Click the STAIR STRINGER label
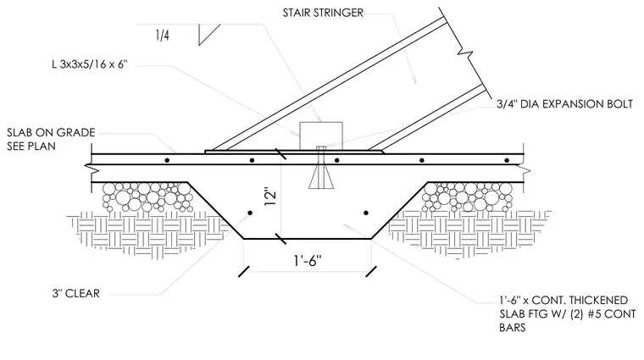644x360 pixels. (323, 13)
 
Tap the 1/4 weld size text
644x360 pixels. (162, 36)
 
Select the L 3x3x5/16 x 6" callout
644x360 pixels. (90, 64)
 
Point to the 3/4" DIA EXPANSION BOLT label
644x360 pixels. (564, 104)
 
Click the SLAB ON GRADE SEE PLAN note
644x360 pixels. (51, 139)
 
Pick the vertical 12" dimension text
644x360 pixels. (270, 197)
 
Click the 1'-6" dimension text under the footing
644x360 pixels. (308, 260)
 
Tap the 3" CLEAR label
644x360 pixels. (76, 293)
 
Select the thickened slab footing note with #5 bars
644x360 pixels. (568, 313)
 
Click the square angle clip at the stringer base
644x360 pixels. (321, 136)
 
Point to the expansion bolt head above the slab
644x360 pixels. (321, 148)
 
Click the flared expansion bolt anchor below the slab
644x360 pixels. (321, 176)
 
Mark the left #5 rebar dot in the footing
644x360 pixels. (250, 213)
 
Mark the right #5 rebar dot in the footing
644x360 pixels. (366, 213)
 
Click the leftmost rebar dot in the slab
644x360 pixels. (167, 160)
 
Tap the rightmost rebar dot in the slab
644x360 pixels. (507, 160)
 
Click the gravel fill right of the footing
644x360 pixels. (469, 197)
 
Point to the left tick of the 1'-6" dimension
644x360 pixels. (244, 271)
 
